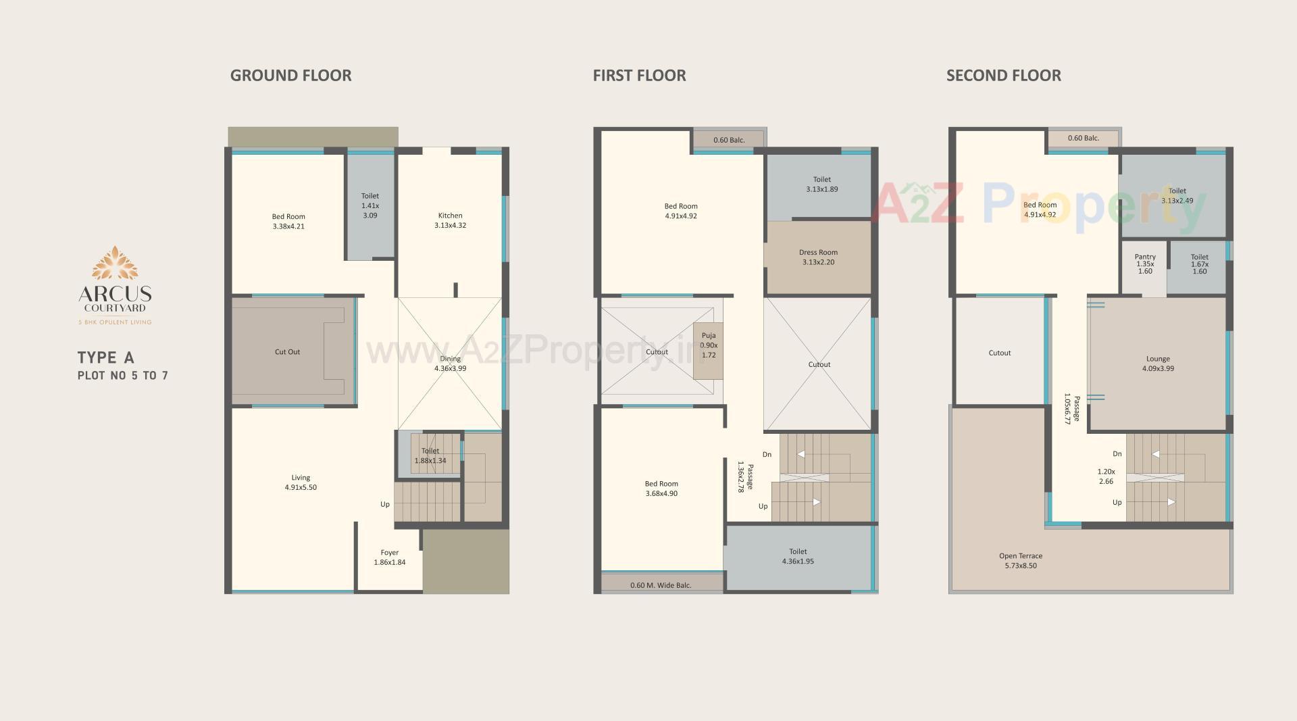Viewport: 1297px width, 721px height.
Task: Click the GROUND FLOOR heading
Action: tap(290, 75)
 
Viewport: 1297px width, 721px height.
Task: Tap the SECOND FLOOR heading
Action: tap(1003, 75)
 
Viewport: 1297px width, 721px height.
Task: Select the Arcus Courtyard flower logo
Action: tap(115, 264)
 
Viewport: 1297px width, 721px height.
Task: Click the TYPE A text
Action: tap(105, 357)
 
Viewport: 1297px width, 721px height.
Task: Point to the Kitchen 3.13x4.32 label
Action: tap(450, 220)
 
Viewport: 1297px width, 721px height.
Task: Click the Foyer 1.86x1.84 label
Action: tap(389, 557)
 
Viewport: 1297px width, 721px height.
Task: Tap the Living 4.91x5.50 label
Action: tap(301, 482)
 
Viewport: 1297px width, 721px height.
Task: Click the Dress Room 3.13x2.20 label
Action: tap(818, 257)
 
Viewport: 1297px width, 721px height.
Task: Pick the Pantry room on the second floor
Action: tap(1144, 264)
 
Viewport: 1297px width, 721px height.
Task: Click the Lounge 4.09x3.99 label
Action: tap(1158, 364)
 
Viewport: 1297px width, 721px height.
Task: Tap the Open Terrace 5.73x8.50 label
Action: tap(1020, 560)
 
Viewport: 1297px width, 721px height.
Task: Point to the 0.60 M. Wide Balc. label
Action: tap(660, 585)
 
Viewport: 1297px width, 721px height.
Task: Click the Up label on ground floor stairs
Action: tap(384, 504)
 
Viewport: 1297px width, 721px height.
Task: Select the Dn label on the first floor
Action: tap(767, 454)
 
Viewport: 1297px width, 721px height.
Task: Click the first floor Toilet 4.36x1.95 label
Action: tap(798, 556)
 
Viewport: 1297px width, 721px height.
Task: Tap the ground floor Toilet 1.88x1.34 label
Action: tap(430, 455)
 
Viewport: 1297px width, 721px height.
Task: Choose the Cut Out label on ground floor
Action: tap(287, 351)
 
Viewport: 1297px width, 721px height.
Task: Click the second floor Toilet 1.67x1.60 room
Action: tap(1199, 264)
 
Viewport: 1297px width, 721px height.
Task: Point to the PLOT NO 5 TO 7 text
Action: tap(122, 376)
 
